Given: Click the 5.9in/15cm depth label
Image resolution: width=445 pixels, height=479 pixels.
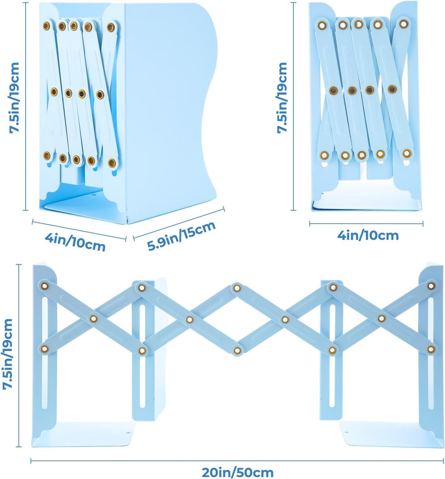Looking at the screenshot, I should coord(182,236).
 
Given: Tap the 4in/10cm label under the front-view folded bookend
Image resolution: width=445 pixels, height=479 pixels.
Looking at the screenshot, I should coord(368,236).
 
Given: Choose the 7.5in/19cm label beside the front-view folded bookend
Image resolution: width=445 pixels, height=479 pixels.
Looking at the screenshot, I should coord(283,97).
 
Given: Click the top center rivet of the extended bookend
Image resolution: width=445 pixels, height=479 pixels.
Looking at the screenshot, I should coord(237,288).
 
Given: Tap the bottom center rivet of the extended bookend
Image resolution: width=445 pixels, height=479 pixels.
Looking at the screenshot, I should coord(237,350).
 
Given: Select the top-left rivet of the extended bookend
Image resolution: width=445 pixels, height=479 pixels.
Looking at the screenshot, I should coord(44,286).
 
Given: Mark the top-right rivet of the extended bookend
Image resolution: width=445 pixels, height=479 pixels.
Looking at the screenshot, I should coord(431,286).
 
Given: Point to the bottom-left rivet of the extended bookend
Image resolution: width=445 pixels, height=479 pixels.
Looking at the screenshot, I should coord(44,348).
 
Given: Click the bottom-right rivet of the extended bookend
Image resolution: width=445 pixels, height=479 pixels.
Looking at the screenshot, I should coord(431,349).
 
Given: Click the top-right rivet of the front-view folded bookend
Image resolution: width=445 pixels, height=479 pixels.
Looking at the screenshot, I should coord(404,23).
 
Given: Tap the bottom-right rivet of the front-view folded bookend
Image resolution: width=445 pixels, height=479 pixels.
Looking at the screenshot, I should coord(406,153).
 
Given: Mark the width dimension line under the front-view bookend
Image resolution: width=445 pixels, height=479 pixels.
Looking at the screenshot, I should coord(366,224).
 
